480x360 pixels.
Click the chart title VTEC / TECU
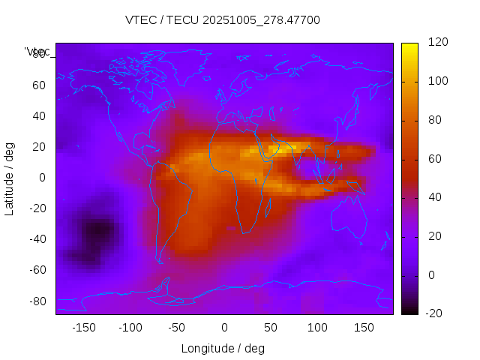(222, 20)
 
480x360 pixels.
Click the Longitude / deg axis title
(223, 349)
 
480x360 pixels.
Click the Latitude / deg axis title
(10, 177)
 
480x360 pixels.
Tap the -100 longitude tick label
(130, 328)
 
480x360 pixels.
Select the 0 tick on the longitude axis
(224, 328)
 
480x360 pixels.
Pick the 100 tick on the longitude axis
(317, 328)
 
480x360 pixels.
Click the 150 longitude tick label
(364, 328)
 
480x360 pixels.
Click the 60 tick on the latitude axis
(38, 85)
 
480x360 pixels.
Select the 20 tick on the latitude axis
(38, 146)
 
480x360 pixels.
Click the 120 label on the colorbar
(438, 43)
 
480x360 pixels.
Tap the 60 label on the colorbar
(435, 159)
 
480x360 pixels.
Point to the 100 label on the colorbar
(438, 81)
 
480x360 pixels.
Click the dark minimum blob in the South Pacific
(95, 232)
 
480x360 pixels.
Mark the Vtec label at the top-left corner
(37, 51)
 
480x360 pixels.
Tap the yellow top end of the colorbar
(409, 49)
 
